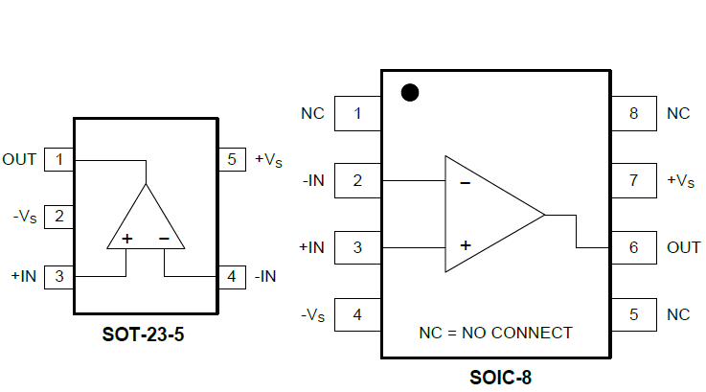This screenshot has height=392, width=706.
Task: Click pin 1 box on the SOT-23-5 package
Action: (59, 159)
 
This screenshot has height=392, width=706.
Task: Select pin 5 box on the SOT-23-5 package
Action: (231, 159)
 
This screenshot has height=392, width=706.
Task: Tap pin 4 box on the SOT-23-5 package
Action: (231, 276)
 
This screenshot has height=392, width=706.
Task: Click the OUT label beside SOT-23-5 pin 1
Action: (19, 159)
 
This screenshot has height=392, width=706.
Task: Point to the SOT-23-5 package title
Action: (145, 335)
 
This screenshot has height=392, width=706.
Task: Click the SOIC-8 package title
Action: (499, 377)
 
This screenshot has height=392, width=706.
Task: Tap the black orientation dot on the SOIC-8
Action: (410, 93)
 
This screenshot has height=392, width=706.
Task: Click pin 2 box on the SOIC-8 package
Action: (357, 180)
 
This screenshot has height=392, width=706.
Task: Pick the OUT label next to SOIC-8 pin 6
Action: (684, 247)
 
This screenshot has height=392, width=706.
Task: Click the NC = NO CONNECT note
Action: (495, 334)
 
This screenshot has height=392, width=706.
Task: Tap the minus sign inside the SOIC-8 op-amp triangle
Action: (465, 181)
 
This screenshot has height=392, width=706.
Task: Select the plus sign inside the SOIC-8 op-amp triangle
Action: (465, 245)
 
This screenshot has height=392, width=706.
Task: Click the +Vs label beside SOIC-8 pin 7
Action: (679, 180)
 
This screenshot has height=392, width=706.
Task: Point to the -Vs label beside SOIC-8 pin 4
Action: (312, 314)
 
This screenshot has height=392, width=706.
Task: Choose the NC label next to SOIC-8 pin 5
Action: (678, 314)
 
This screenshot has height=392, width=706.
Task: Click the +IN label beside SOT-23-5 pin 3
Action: (23, 276)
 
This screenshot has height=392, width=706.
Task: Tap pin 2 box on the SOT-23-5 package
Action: (59, 217)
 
